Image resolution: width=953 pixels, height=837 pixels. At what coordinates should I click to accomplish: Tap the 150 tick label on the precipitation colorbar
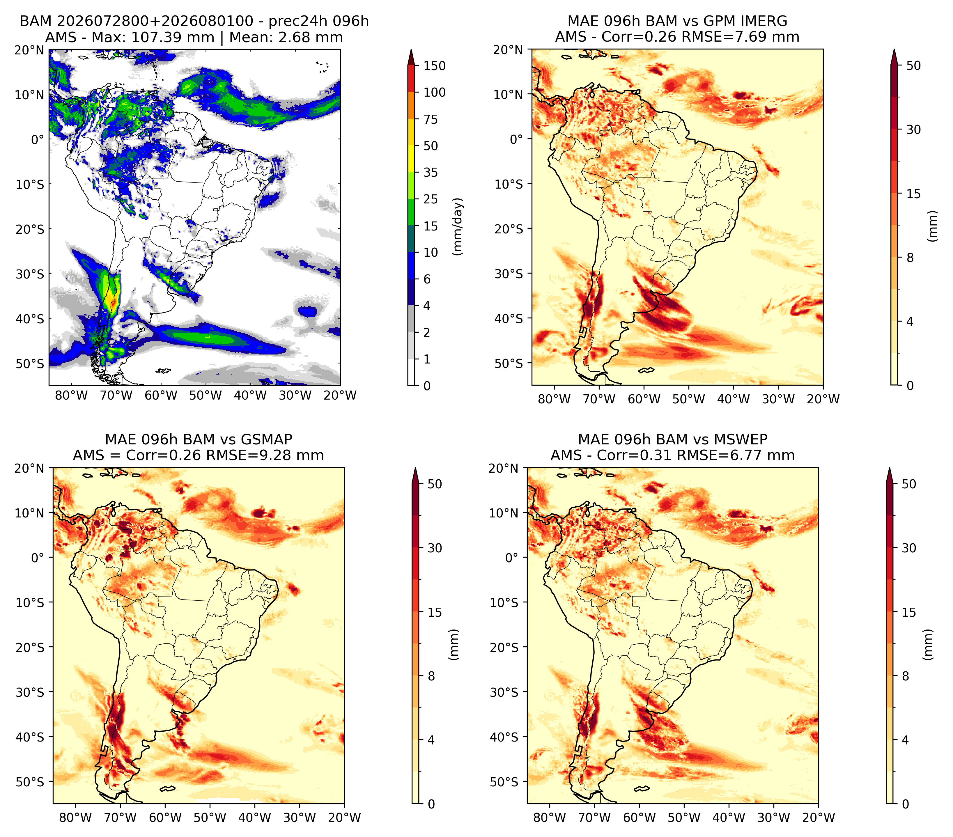click(435, 66)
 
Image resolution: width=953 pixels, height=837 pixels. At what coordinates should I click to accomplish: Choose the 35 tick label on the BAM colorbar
click(431, 172)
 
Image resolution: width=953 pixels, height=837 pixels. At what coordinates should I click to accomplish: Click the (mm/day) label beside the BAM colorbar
click(458, 226)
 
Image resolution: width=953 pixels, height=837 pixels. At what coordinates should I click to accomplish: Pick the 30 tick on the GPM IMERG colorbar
click(913, 129)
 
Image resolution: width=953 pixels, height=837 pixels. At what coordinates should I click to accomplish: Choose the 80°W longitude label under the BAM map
click(71, 395)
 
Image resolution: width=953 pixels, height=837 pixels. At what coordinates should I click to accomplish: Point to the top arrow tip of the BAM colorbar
click(411, 49)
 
